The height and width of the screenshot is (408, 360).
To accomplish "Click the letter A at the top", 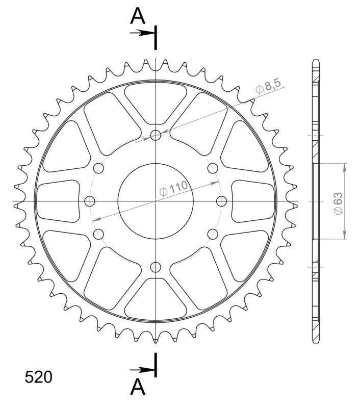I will click(138, 16).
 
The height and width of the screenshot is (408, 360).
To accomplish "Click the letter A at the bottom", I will click(138, 388).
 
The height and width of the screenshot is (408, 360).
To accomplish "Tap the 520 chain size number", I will click(38, 377).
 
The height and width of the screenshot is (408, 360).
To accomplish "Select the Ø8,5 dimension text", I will click(268, 87).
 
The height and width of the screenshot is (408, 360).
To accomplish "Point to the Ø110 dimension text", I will click(173, 189).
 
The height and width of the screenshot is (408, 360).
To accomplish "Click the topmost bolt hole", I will click(156, 135).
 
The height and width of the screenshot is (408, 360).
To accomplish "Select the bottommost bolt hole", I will click(156, 267).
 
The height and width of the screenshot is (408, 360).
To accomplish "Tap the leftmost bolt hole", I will click(90, 200).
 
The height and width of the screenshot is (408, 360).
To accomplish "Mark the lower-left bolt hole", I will click(98, 234).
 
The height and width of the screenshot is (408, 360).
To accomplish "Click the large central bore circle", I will click(156, 200).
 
